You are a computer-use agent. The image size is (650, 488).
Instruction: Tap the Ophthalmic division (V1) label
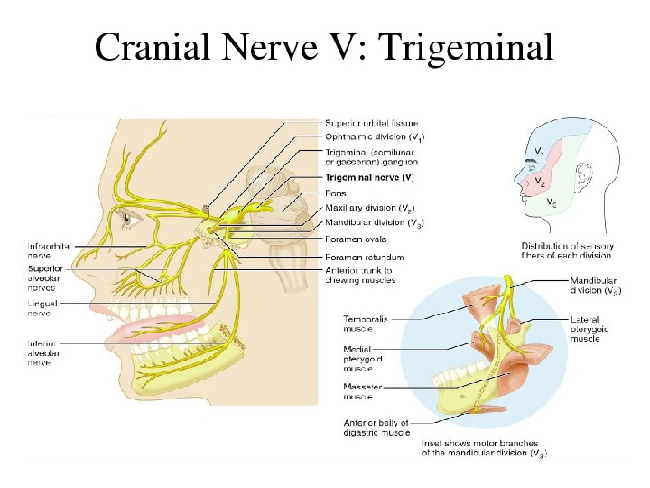pos(375,137)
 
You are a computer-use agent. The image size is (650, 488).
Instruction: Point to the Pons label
pos(336,192)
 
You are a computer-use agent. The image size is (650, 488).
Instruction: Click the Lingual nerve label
pos(42,309)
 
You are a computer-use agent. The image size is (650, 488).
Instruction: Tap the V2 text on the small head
pos(540,182)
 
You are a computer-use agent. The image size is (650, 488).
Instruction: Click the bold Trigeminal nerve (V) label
pos(376,178)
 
